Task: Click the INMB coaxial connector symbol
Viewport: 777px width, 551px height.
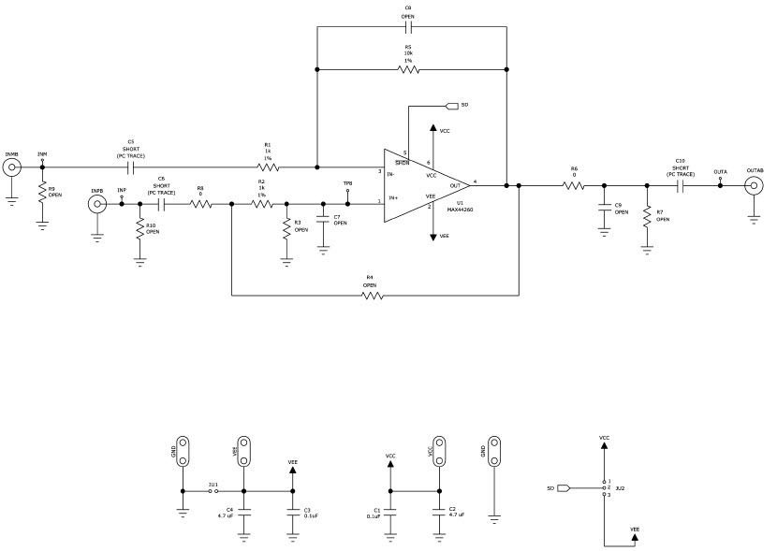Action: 12,168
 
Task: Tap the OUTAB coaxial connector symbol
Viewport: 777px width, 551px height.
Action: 754,185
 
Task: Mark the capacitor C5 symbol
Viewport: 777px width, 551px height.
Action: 131,168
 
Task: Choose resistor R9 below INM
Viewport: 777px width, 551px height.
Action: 42,192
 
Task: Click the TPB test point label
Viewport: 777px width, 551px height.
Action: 347,183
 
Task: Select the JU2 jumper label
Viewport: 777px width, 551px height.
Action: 620,487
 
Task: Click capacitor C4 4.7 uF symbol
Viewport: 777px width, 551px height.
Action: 244,512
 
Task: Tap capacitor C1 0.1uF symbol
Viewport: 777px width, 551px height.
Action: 391,512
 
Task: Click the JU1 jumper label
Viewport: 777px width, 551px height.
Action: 213,485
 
